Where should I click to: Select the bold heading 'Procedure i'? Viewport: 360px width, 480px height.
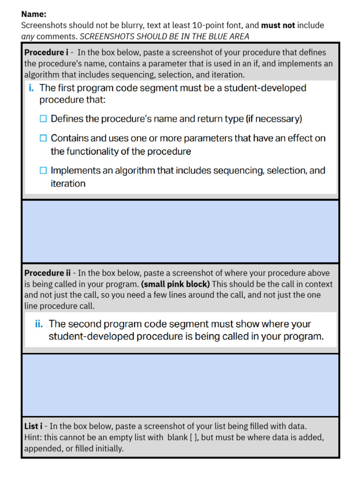pos(44,52)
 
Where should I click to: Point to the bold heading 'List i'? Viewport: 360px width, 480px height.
pos(33,426)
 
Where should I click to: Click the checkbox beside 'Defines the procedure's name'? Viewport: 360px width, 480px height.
pos(43,119)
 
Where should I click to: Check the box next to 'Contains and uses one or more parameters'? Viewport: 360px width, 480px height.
pos(43,138)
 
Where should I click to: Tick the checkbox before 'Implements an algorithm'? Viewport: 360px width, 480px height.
pos(43,171)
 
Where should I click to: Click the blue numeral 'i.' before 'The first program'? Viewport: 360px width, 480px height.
pos(31,88)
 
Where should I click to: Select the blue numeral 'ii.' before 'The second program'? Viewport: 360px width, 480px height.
pos(39,324)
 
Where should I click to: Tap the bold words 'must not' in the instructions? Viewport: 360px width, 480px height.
pos(278,25)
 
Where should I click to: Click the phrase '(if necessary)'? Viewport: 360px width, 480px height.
pos(274,119)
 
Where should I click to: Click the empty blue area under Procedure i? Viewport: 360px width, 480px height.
pos(180,231)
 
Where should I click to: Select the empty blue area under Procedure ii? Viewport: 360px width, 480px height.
pos(180,385)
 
